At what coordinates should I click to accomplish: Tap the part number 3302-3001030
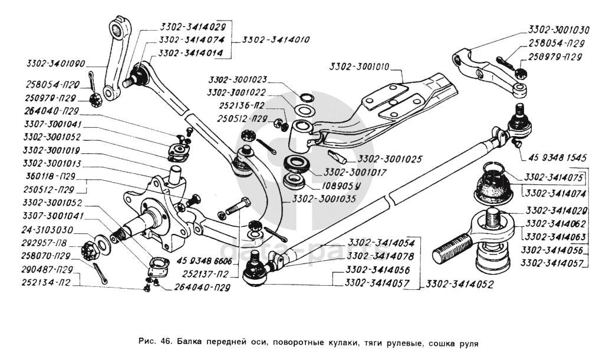[x=559, y=29]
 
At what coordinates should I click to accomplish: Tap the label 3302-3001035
[x=323, y=199]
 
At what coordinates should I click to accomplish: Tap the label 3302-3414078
[x=381, y=256]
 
